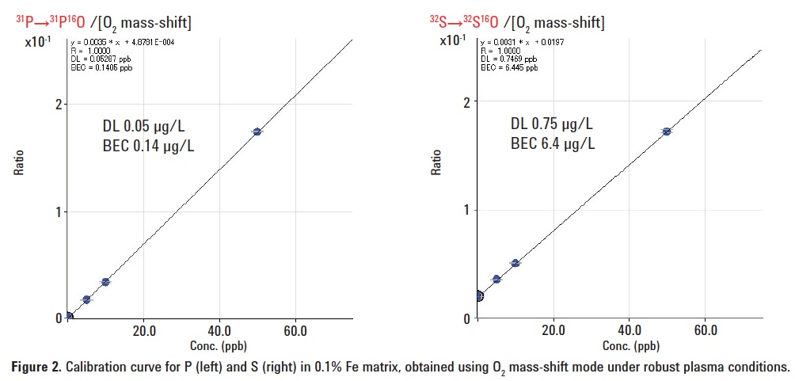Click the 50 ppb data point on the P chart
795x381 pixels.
click(x=257, y=131)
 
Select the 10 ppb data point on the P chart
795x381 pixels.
click(x=105, y=282)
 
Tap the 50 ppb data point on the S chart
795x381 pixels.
click(x=667, y=131)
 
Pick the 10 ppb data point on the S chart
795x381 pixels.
click(x=515, y=263)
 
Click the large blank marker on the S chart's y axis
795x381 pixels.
click(x=478, y=296)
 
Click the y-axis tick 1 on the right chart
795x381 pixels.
click(x=468, y=210)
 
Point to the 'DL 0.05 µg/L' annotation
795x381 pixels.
click(x=148, y=126)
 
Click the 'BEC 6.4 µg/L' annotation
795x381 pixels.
click(x=553, y=143)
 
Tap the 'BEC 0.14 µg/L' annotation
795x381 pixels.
click(x=148, y=145)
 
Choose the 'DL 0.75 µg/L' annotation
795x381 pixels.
click(x=553, y=124)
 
